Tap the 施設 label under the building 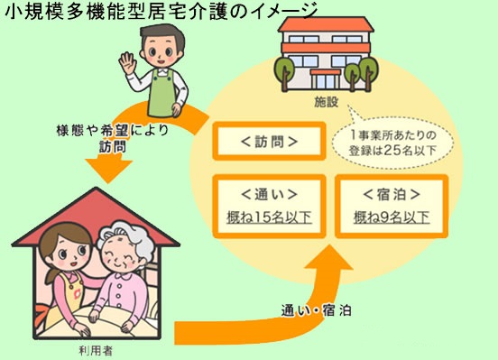pyautogui.click(x=328, y=102)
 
